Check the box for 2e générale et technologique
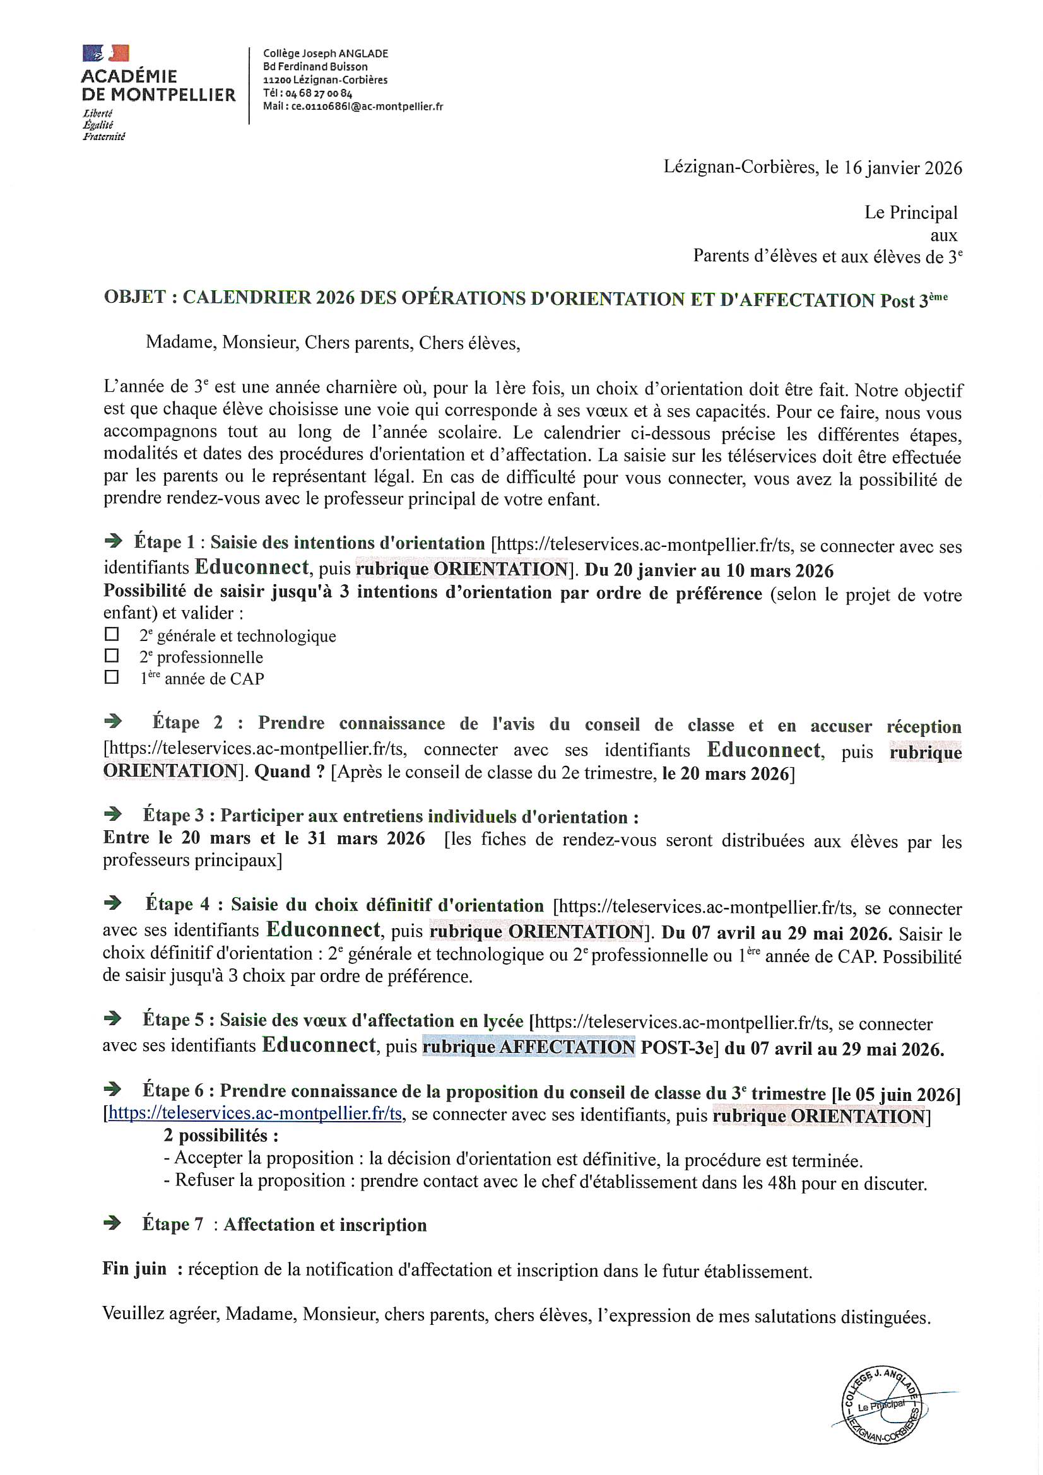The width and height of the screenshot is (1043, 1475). click(112, 634)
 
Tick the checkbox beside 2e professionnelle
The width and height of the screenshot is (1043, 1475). click(112, 655)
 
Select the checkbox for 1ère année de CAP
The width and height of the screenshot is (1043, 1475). click(112, 676)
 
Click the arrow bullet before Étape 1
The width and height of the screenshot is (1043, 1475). click(113, 541)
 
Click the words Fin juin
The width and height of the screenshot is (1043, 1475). click(134, 1269)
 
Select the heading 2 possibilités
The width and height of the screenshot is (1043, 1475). click(220, 1136)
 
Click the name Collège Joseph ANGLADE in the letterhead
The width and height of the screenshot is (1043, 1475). click(325, 54)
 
